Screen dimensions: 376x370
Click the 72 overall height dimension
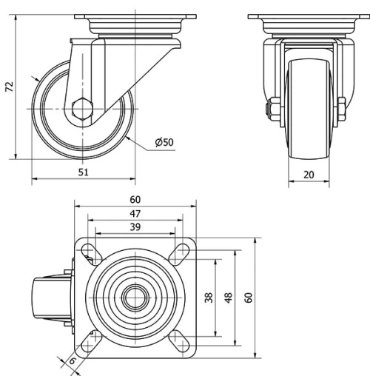click(10, 87)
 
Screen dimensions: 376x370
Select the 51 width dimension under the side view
click(84, 172)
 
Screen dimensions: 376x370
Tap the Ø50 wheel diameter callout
click(164, 142)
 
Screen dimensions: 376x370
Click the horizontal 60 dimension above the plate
click(135, 199)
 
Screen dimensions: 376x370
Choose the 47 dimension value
click(135, 213)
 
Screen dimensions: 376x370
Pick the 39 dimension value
click(135, 226)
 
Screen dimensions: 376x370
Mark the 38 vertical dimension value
click(209, 298)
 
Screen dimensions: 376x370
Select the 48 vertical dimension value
click(229, 298)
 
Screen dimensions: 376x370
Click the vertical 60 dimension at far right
click(249, 298)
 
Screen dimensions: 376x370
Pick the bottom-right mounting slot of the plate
click(180, 342)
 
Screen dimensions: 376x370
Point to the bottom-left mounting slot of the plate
click(90, 341)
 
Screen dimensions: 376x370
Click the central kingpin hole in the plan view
click(135, 298)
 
